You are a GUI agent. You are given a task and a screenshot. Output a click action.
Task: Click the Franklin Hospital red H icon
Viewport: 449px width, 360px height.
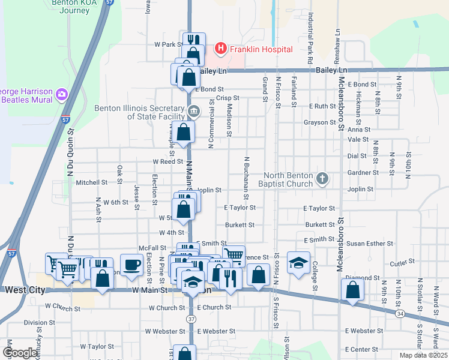[220, 49]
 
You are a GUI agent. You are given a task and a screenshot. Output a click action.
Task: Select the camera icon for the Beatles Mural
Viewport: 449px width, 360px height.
[61, 94]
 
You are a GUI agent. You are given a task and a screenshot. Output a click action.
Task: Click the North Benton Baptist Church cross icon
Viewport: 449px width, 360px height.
[322, 178]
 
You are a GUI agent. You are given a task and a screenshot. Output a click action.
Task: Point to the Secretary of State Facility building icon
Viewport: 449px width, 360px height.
[194, 110]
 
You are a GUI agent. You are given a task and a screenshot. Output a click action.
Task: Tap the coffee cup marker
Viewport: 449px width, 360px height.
[131, 265]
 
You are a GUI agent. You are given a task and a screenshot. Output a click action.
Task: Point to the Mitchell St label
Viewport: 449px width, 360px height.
[91, 182]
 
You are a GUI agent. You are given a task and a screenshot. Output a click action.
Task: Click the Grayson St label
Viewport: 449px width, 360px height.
[320, 122]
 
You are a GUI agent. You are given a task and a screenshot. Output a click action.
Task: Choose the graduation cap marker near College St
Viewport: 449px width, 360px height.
[298, 263]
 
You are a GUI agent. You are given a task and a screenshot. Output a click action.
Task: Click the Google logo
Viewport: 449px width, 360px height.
[20, 353]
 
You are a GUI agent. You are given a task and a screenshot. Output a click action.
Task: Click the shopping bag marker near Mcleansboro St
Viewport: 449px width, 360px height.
[352, 290]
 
